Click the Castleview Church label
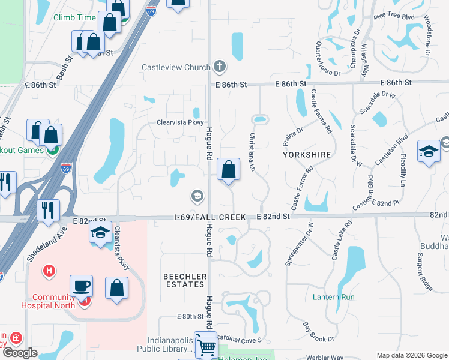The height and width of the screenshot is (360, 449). click(176, 67)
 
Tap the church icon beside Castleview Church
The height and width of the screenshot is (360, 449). click(220, 66)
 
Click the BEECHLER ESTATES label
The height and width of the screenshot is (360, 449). click(185, 281)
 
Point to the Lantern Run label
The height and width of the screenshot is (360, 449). click(334, 297)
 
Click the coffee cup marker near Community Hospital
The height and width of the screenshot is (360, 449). click(81, 287)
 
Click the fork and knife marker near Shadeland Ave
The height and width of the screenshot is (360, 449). click(48, 209)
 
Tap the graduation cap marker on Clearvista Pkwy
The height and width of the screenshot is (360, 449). click(100, 234)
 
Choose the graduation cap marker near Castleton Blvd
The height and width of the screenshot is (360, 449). click(429, 152)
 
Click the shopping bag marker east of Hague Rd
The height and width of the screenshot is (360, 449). click(228, 169)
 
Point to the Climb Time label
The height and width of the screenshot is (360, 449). click(74, 17)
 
